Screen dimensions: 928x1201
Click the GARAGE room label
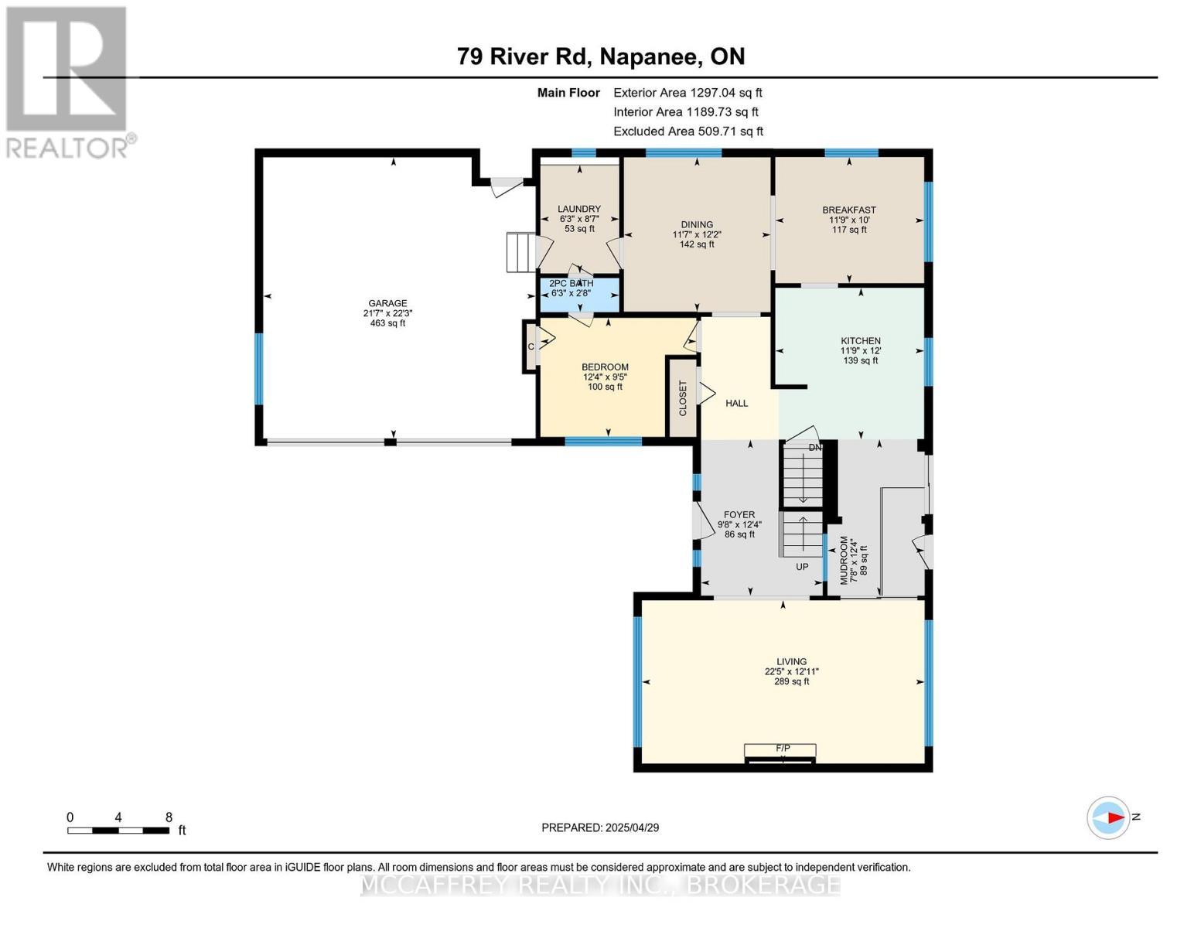[387, 304]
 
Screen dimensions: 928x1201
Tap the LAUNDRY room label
[579, 209]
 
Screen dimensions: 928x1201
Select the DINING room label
[697, 225]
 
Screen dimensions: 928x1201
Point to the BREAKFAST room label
[849, 210]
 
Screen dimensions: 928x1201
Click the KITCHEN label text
[861, 341]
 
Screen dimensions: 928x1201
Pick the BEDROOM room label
[605, 367]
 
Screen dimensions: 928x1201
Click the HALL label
[736, 403]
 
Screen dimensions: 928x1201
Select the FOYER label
[739, 514]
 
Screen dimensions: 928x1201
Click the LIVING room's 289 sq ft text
[792, 681]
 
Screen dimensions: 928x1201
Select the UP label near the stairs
[802, 567]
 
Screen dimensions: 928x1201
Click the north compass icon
[1108, 817]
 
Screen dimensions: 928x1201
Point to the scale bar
[118, 831]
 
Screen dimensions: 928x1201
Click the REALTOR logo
[68, 81]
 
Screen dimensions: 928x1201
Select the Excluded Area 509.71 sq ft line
[688, 131]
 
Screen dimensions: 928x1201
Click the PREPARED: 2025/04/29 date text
[600, 827]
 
